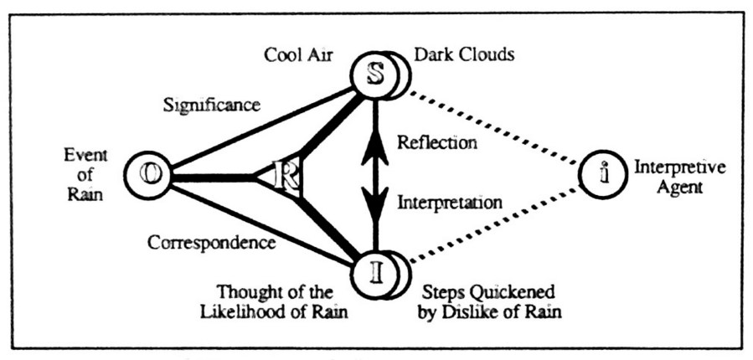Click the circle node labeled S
[x=376, y=74]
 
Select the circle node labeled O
[x=150, y=177]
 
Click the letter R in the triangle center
[x=287, y=177]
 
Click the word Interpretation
[x=449, y=202]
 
